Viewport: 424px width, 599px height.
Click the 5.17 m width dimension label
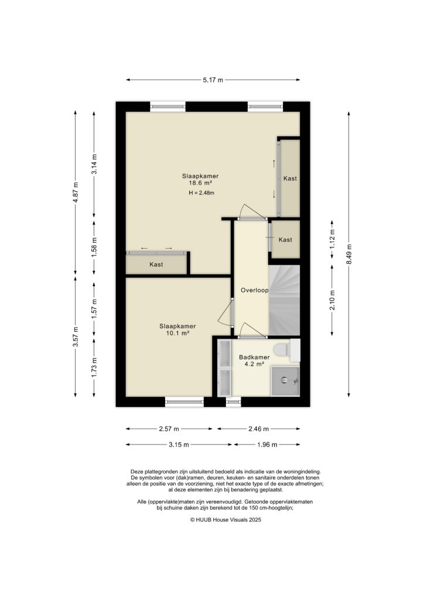(x=212, y=80)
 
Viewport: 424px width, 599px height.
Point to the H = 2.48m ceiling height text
(x=201, y=193)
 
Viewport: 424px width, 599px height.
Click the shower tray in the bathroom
(x=285, y=381)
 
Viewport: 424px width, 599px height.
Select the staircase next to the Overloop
(x=284, y=299)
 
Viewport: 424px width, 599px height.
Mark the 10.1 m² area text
(x=177, y=334)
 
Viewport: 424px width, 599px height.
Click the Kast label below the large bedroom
(x=156, y=264)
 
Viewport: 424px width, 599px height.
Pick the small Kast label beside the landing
(x=285, y=240)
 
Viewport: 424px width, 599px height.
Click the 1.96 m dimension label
(x=266, y=445)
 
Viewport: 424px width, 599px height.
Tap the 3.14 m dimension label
(x=95, y=163)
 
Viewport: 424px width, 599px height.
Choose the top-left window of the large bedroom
(x=168, y=106)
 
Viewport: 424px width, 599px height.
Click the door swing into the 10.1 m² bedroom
(x=225, y=314)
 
